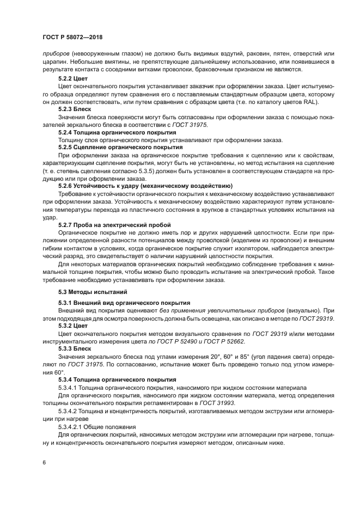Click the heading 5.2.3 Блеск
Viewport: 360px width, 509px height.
[x=75, y=109]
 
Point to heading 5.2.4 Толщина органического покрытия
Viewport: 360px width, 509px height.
[x=117, y=132]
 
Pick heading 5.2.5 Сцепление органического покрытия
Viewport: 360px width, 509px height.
[x=120, y=148]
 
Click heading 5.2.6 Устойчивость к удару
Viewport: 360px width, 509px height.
[x=145, y=186]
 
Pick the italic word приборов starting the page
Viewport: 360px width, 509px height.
[x=56, y=54]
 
